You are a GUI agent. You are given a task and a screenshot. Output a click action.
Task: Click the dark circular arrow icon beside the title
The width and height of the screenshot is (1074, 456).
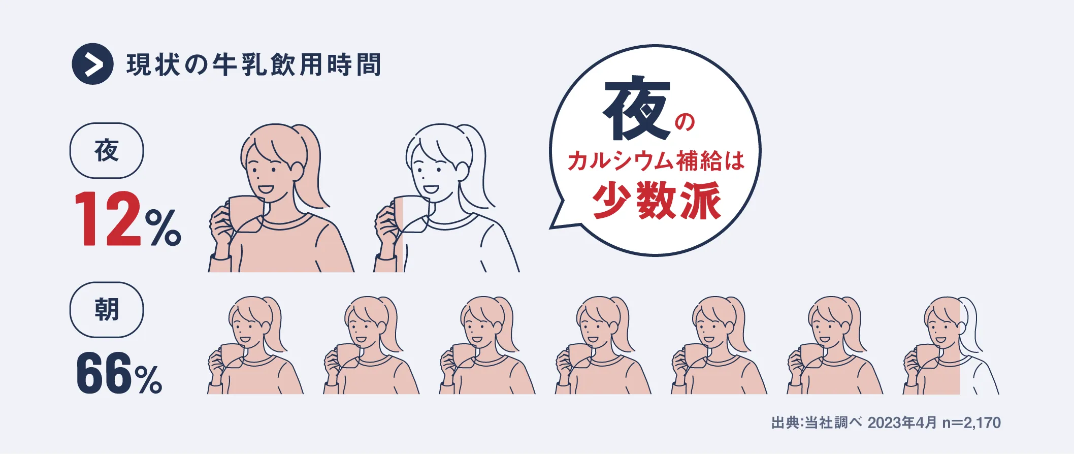click(92, 64)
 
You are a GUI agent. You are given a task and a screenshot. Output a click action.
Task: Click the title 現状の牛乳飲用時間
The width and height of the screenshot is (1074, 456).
click(253, 65)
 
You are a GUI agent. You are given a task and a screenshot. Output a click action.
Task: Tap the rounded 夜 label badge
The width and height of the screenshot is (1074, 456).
click(107, 150)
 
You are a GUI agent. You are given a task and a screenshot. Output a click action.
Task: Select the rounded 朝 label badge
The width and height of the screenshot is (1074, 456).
click(107, 310)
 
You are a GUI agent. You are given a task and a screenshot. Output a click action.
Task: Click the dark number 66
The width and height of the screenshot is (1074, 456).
click(105, 374)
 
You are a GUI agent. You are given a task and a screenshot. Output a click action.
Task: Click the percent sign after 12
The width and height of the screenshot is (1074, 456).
click(163, 227)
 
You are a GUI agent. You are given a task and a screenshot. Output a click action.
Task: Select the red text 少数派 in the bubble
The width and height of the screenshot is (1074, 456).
click(657, 201)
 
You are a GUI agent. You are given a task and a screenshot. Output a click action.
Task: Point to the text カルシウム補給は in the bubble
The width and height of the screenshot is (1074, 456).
click(656, 161)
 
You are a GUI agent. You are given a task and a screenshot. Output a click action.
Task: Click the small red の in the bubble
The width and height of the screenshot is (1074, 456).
click(685, 122)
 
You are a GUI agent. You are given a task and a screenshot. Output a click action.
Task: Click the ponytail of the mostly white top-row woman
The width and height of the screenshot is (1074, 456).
click(477, 168)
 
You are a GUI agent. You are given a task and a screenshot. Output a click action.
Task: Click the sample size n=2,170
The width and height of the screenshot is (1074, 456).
click(971, 422)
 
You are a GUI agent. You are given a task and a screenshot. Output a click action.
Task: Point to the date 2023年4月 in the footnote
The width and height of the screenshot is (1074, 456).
click(902, 422)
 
